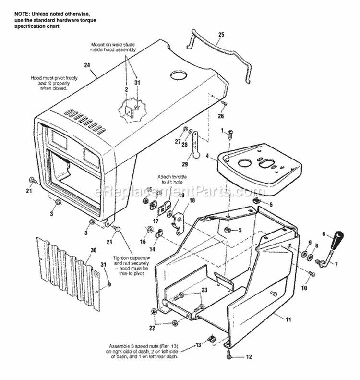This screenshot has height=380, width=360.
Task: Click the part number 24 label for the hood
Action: tap(87, 65)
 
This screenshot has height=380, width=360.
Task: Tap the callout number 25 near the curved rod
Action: tap(221, 35)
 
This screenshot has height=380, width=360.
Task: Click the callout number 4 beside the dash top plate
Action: tap(207, 156)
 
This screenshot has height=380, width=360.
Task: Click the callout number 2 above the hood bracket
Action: tap(126, 89)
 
